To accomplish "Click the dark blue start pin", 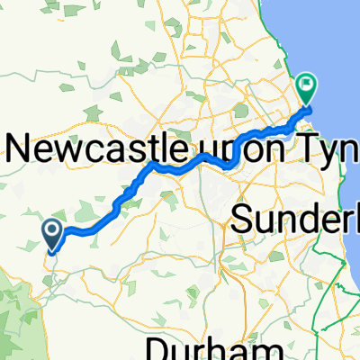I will [x=52, y=235].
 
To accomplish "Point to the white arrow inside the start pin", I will [x=52, y=233].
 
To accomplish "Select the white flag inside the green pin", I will [x=307, y=86].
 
